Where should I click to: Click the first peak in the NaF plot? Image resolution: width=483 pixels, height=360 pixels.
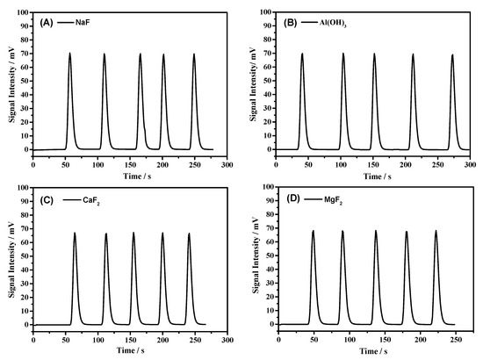(69, 54)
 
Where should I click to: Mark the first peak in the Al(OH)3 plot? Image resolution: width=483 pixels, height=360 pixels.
(302, 54)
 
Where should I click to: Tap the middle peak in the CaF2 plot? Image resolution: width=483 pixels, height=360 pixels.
(133, 234)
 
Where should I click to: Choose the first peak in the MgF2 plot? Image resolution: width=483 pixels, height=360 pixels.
(313, 232)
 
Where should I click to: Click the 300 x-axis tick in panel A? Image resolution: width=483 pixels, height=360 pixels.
(227, 164)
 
